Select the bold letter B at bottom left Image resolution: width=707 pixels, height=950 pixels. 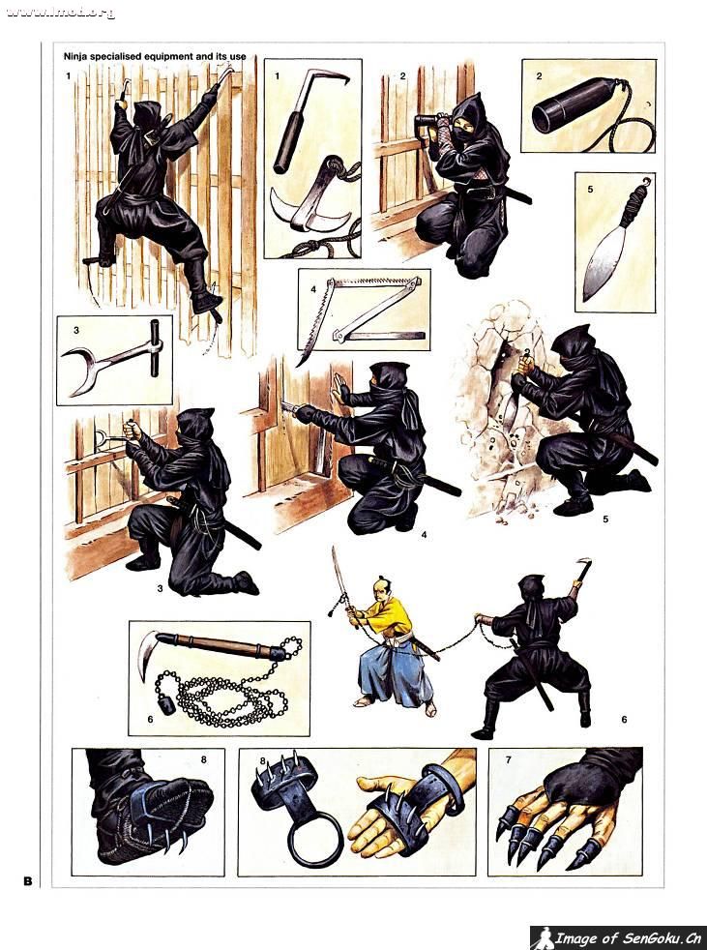[28, 880]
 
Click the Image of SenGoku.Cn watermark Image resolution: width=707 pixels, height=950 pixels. [619, 937]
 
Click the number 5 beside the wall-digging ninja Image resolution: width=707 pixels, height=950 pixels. [604, 520]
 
